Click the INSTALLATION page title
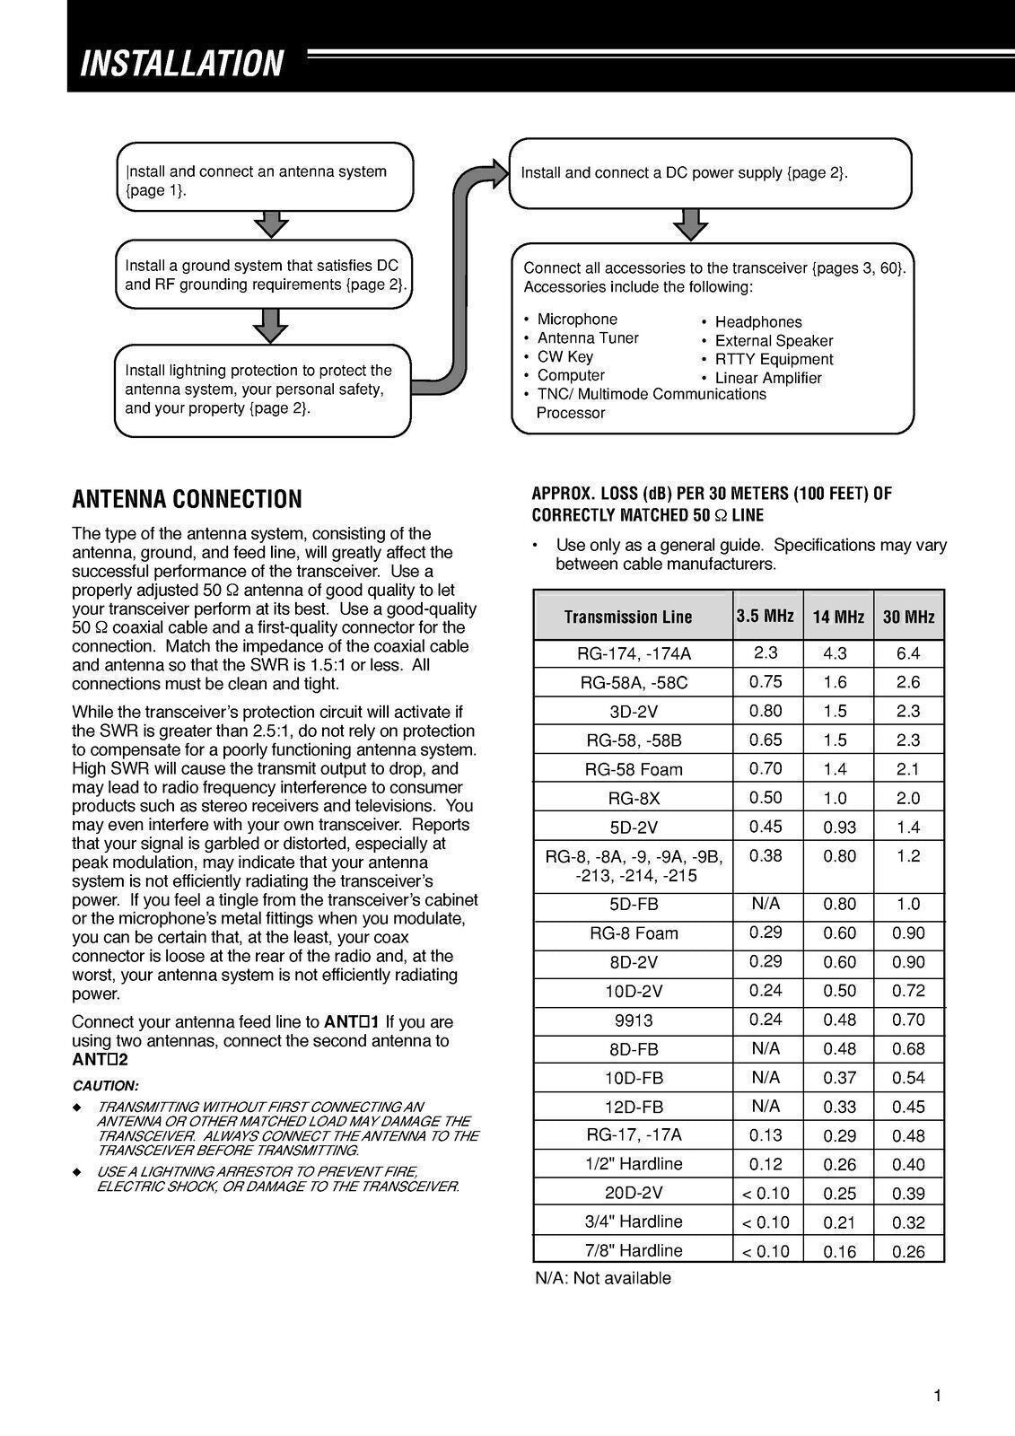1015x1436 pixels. [181, 64]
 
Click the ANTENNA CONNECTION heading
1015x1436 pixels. [187, 499]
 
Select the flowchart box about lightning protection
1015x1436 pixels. [263, 390]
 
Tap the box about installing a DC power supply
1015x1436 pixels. [710, 172]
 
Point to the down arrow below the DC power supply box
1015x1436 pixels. [690, 225]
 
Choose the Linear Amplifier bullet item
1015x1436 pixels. [767, 378]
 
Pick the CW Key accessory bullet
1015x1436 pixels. [564, 356]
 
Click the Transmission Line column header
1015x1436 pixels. [628, 617]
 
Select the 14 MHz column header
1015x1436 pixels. [837, 617]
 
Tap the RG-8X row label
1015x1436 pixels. [634, 798]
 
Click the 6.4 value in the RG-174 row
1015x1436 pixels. [907, 653]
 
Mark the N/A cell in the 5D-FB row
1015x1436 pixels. [766, 904]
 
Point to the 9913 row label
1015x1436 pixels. [634, 1020]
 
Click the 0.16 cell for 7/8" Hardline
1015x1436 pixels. [839, 1251]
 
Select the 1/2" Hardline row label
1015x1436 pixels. [634, 1164]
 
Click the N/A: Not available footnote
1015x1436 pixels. [602, 1278]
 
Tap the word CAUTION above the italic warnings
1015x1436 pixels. [105, 1085]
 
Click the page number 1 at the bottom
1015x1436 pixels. [937, 1395]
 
